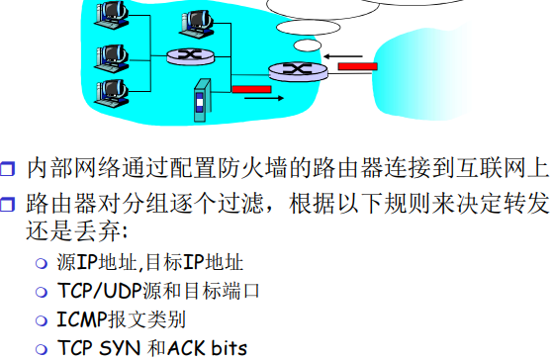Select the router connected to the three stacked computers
[x=183, y=57]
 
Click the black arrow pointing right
[x=257, y=100]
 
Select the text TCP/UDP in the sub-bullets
[x=93, y=292]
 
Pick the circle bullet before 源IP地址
[x=41, y=264]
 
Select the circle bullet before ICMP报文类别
[x=41, y=320]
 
